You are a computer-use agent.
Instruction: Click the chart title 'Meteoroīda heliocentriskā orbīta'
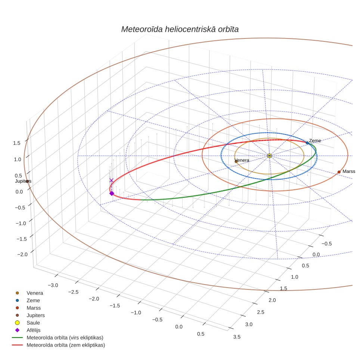[180, 30]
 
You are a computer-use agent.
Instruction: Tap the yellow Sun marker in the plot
[270, 156]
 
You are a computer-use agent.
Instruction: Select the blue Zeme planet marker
[307, 143]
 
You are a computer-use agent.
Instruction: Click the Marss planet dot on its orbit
[339, 172]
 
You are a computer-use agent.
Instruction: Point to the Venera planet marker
[236, 162]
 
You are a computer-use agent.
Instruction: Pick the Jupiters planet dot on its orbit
[27, 181]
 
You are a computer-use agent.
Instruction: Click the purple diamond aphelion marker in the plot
[112, 193]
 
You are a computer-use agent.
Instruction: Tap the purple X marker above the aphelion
[111, 180]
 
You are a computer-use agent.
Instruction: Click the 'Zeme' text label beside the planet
[315, 141]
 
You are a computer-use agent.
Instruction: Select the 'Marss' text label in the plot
[349, 171]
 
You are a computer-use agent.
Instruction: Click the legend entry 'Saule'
[33, 323]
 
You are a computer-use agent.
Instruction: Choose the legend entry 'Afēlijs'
[34, 330]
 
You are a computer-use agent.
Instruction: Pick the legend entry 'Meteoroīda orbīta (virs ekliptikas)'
[65, 338]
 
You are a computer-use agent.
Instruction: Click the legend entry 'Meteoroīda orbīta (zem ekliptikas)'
[66, 345]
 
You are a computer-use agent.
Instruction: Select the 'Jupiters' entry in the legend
[35, 316]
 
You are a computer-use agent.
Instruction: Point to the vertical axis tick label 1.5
[17, 143]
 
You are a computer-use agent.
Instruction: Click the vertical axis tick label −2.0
[22, 254]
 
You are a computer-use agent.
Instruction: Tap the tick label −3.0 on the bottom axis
[53, 285]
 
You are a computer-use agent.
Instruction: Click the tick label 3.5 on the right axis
[237, 337]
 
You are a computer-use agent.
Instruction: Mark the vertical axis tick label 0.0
[19, 192]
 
